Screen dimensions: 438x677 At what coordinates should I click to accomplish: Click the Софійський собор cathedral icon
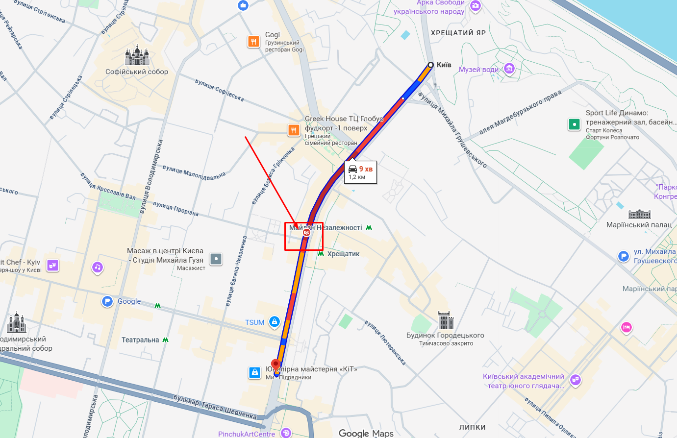tap(136, 56)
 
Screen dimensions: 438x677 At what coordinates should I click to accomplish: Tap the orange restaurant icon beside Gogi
tap(253, 42)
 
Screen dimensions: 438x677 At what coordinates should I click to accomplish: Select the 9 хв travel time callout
tap(360, 172)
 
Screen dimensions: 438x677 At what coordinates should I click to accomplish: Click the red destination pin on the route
tap(276, 365)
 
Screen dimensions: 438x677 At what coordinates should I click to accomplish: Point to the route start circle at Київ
tap(430, 65)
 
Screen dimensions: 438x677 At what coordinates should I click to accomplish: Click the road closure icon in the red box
tap(306, 233)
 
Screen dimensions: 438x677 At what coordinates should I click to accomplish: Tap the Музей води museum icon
tap(510, 69)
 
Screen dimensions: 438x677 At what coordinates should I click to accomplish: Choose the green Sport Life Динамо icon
tap(574, 124)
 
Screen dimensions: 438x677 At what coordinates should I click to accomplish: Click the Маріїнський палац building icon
tap(639, 214)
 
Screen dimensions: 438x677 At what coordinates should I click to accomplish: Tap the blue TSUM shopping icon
tap(275, 322)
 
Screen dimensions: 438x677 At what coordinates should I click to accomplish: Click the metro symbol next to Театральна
tap(166, 340)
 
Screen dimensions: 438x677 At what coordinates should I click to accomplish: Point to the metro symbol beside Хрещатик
tap(321, 254)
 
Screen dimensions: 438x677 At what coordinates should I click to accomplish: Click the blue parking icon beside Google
tap(107, 301)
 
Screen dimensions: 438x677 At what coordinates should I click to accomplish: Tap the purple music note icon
tap(98, 267)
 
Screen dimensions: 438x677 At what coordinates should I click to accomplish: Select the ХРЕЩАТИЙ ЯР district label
tap(458, 33)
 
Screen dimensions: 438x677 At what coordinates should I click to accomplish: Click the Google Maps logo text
tap(366, 433)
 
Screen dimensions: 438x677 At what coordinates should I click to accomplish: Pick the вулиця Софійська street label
tap(219, 90)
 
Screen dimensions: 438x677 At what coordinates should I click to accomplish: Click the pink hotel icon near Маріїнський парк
tap(626, 327)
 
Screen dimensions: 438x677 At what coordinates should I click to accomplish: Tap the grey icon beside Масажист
tap(216, 259)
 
